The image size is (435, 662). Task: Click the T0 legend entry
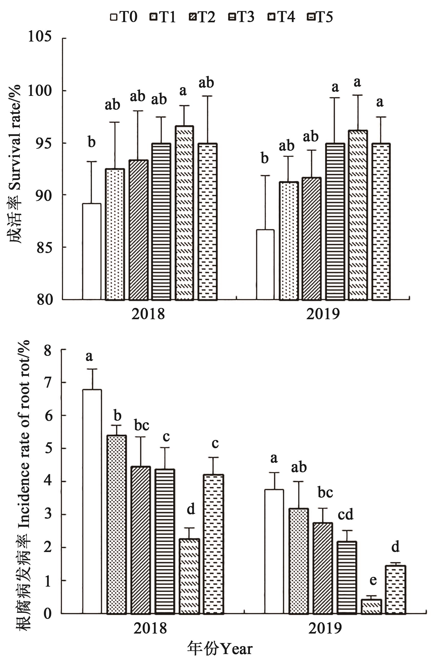pyautogui.click(x=124, y=17)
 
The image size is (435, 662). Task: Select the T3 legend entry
pyautogui.click(x=241, y=17)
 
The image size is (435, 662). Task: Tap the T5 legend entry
pyautogui.click(x=320, y=17)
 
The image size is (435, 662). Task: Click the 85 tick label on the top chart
pyautogui.click(x=44, y=247)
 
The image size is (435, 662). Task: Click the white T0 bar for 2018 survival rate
pyautogui.click(x=92, y=252)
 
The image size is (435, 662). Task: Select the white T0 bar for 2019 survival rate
pyautogui.click(x=265, y=265)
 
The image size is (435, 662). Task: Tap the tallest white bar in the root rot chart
pyautogui.click(x=92, y=501)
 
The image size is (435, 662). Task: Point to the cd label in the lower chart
pyautogui.click(x=346, y=514)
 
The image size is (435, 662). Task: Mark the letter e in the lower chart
pyautogui.click(x=373, y=580)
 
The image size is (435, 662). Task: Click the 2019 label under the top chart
pyautogui.click(x=323, y=314)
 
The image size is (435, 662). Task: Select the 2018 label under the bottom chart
pyautogui.click(x=150, y=628)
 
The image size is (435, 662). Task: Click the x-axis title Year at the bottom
pyautogui.click(x=220, y=649)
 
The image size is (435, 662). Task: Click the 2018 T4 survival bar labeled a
pyautogui.click(x=184, y=213)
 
